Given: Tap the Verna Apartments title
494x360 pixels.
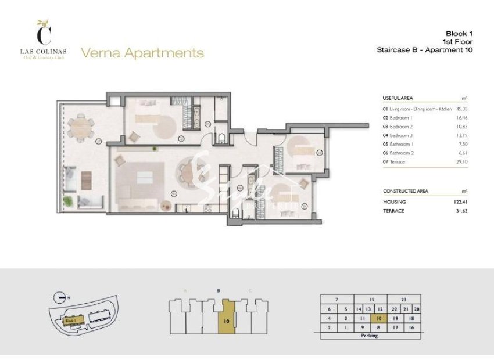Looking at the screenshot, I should (x=142, y=53).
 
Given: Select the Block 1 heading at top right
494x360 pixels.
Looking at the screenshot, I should (x=459, y=33).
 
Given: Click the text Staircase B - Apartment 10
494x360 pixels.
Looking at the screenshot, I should (x=425, y=50).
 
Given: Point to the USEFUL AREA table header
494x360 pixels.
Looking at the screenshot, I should (x=398, y=98).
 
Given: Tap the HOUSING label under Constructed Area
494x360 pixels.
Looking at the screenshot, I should (x=394, y=201).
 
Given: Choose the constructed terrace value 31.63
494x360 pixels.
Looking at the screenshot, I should (x=462, y=211).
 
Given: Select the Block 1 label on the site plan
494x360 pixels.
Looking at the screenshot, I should (x=71, y=321).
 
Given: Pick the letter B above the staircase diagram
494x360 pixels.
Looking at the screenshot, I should (x=217, y=290).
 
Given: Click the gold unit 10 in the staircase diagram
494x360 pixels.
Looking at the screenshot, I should (x=225, y=318).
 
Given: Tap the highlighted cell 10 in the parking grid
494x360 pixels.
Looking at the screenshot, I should (x=379, y=318).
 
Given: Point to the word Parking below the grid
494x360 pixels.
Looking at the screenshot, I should (x=369, y=336).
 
